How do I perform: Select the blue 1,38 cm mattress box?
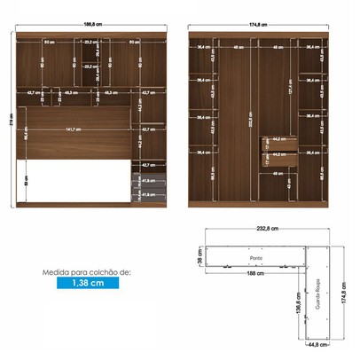click(x=86, y=284)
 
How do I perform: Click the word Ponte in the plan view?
click(x=255, y=258)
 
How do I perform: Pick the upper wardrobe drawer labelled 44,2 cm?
click(x=278, y=139)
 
